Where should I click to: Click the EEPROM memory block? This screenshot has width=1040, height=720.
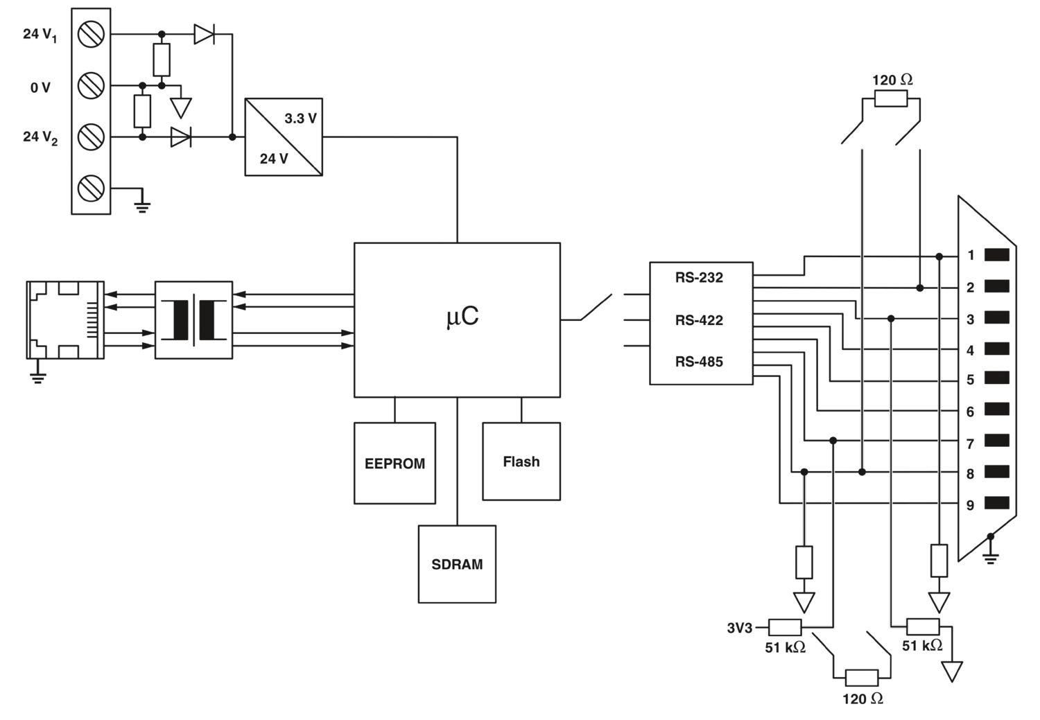pyautogui.click(x=395, y=463)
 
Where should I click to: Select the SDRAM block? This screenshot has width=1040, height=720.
pyautogui.click(x=457, y=564)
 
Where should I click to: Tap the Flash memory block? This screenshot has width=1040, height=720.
pyautogui.click(x=521, y=462)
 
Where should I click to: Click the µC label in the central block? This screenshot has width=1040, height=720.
pyautogui.click(x=462, y=317)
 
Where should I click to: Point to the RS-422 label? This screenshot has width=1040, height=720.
pyautogui.click(x=699, y=320)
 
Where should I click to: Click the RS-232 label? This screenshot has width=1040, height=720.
pyautogui.click(x=699, y=278)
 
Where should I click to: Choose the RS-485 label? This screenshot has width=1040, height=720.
pyautogui.click(x=699, y=362)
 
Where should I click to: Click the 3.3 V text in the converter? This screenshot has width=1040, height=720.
pyautogui.click(x=300, y=118)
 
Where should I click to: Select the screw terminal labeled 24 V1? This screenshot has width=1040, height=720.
pyautogui.click(x=92, y=34)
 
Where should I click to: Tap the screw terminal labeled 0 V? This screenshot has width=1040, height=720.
pyautogui.click(x=92, y=86)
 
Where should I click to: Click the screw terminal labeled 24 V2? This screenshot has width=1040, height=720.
pyautogui.click(x=92, y=137)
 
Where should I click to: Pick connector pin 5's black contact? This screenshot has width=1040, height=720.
pyautogui.click(x=996, y=378)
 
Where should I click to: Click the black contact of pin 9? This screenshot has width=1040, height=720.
pyautogui.click(x=996, y=504)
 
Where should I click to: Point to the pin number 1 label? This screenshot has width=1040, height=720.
pyautogui.click(x=971, y=256)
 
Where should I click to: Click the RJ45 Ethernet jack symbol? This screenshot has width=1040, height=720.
pyautogui.click(x=65, y=319)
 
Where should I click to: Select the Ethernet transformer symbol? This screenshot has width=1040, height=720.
pyautogui.click(x=193, y=319)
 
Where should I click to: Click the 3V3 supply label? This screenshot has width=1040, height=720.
pyautogui.click(x=739, y=628)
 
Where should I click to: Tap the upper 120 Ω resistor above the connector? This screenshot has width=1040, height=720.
pyautogui.click(x=891, y=100)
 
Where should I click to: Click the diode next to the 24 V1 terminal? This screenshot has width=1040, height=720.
pyautogui.click(x=204, y=34)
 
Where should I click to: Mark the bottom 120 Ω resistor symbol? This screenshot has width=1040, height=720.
pyautogui.click(x=862, y=678)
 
